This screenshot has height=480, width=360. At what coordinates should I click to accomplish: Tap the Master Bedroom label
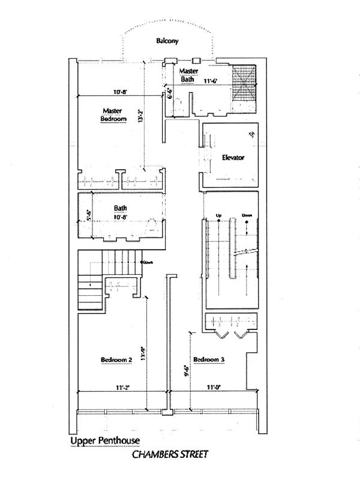click(113, 115)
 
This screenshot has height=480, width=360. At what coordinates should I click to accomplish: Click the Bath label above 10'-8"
click(120, 209)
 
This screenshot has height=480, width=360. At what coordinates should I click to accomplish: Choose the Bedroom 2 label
click(116, 359)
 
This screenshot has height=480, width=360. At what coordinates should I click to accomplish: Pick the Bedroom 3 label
click(209, 359)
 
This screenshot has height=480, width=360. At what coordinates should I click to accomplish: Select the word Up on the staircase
click(219, 215)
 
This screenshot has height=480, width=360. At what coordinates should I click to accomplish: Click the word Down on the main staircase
click(247, 215)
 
